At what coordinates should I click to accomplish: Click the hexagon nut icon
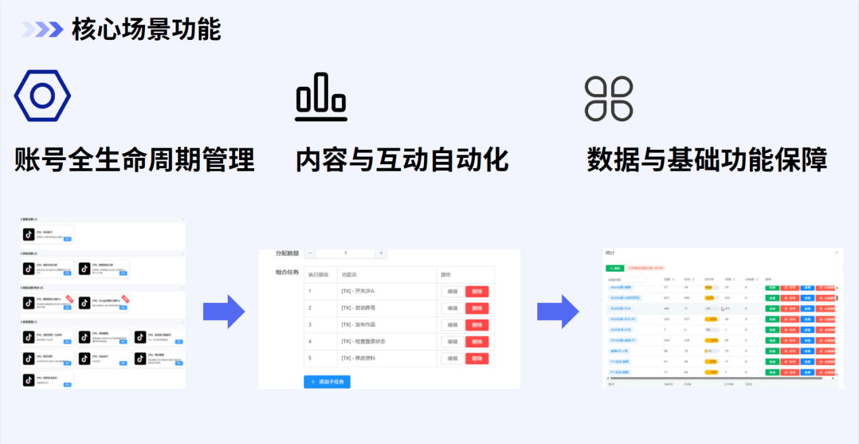pyautogui.click(x=42, y=96)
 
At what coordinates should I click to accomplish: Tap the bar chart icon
pyautogui.click(x=320, y=97)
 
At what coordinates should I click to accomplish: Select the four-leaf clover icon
pyautogui.click(x=608, y=99)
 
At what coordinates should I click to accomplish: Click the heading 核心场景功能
pyautogui.click(x=146, y=30)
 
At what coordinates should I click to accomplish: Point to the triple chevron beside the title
pyautogui.click(x=42, y=29)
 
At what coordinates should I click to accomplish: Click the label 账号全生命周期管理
pyautogui.click(x=135, y=161)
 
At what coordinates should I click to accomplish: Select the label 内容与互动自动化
pyautogui.click(x=402, y=161)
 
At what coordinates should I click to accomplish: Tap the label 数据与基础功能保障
pyautogui.click(x=707, y=161)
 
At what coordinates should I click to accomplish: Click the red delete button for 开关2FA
pyautogui.click(x=476, y=291)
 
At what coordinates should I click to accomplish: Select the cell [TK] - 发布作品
pyautogui.click(x=363, y=325)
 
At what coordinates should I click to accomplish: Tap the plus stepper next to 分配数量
pyautogui.click(x=381, y=254)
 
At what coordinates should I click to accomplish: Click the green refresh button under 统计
pyautogui.click(x=615, y=268)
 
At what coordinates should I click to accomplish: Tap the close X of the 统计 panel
pyautogui.click(x=836, y=252)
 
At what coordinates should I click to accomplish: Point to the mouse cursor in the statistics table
pyautogui.click(x=723, y=309)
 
